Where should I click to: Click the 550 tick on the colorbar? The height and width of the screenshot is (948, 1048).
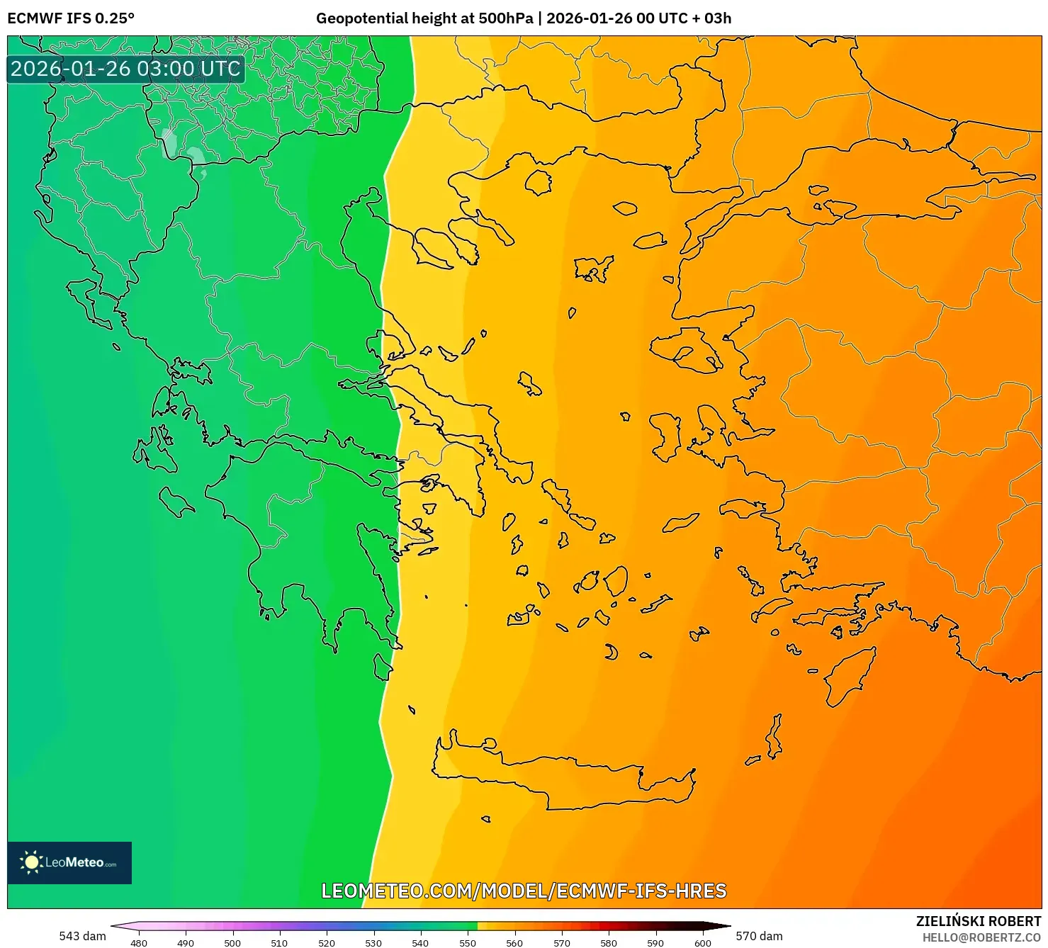[468, 943]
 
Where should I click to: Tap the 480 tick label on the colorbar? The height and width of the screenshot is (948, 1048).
[139, 943]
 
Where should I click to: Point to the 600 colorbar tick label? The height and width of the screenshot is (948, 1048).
[702, 943]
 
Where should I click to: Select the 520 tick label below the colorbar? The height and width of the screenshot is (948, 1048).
[327, 943]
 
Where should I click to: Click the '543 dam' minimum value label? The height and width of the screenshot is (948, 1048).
[82, 936]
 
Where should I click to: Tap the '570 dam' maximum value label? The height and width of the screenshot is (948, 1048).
[759, 936]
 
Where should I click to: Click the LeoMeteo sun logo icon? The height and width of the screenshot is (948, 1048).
[32, 862]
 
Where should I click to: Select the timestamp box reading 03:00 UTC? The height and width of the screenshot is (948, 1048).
[125, 69]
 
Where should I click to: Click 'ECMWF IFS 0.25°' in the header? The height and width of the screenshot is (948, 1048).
[71, 18]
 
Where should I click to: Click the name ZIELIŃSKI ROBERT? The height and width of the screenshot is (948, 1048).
[978, 922]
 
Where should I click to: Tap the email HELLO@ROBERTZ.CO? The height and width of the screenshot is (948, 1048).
[981, 937]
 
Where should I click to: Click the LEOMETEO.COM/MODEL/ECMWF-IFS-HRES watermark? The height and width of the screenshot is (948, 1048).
[524, 891]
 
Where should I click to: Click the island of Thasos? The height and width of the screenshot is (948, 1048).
[539, 182]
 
